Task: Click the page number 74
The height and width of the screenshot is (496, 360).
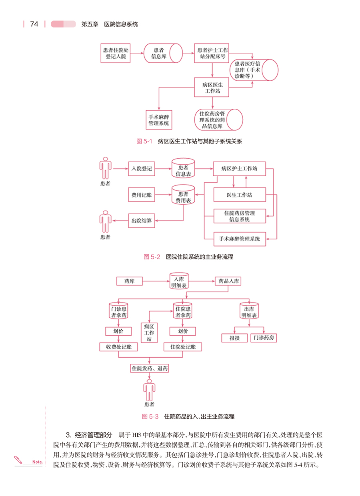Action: coord(34,24)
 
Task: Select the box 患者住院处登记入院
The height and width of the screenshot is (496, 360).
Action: coord(116,53)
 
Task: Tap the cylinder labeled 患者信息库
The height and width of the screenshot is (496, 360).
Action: coord(159,53)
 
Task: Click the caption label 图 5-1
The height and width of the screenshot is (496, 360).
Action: coord(145,141)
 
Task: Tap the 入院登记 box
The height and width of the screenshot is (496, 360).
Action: coord(142,169)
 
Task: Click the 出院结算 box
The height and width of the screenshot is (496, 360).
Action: coord(142,220)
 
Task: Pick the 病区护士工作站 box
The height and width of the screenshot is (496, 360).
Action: coord(239,169)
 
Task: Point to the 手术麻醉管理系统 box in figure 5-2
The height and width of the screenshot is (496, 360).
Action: coord(239,239)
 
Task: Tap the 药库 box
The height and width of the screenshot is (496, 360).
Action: coord(129,281)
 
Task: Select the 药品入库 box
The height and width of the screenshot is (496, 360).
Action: coord(228,281)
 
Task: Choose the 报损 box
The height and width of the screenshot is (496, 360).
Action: coord(234,338)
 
